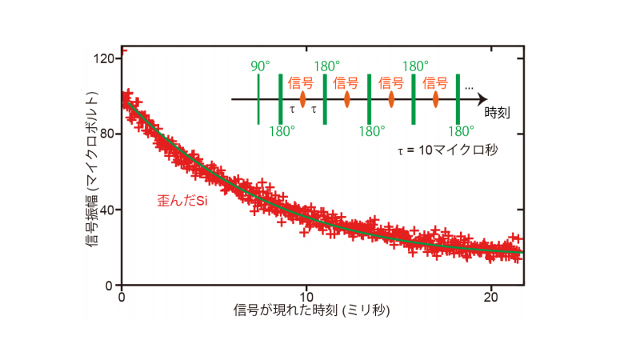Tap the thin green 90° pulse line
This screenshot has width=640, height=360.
click(x=258, y=100)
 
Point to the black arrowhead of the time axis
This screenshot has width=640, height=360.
click(x=482, y=100)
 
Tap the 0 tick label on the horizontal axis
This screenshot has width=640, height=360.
click(x=122, y=296)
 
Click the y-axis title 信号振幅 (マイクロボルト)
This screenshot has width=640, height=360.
click(x=93, y=170)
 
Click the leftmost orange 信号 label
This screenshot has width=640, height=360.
click(x=302, y=82)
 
